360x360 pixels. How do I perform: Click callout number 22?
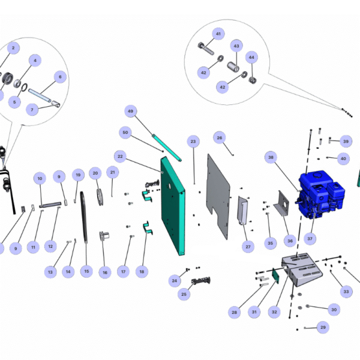pyautogui.click(x=120, y=157)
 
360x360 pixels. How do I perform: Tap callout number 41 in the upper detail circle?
pyautogui.click(x=218, y=34)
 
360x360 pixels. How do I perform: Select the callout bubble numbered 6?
pyautogui.click(x=59, y=77)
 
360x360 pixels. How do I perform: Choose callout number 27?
pyautogui.click(x=248, y=246)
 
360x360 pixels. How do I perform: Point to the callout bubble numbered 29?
pyautogui.click(x=323, y=327)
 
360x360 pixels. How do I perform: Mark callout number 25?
pyautogui.click(x=184, y=294)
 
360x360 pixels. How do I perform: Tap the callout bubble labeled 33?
pyautogui.click(x=346, y=292)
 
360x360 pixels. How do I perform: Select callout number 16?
pyautogui.click(x=106, y=272)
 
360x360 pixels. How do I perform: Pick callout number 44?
pyautogui.click(x=251, y=58)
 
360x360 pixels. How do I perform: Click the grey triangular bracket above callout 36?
pyautogui.click(x=282, y=203)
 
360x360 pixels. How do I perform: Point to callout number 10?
pyautogui.click(x=40, y=178)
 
